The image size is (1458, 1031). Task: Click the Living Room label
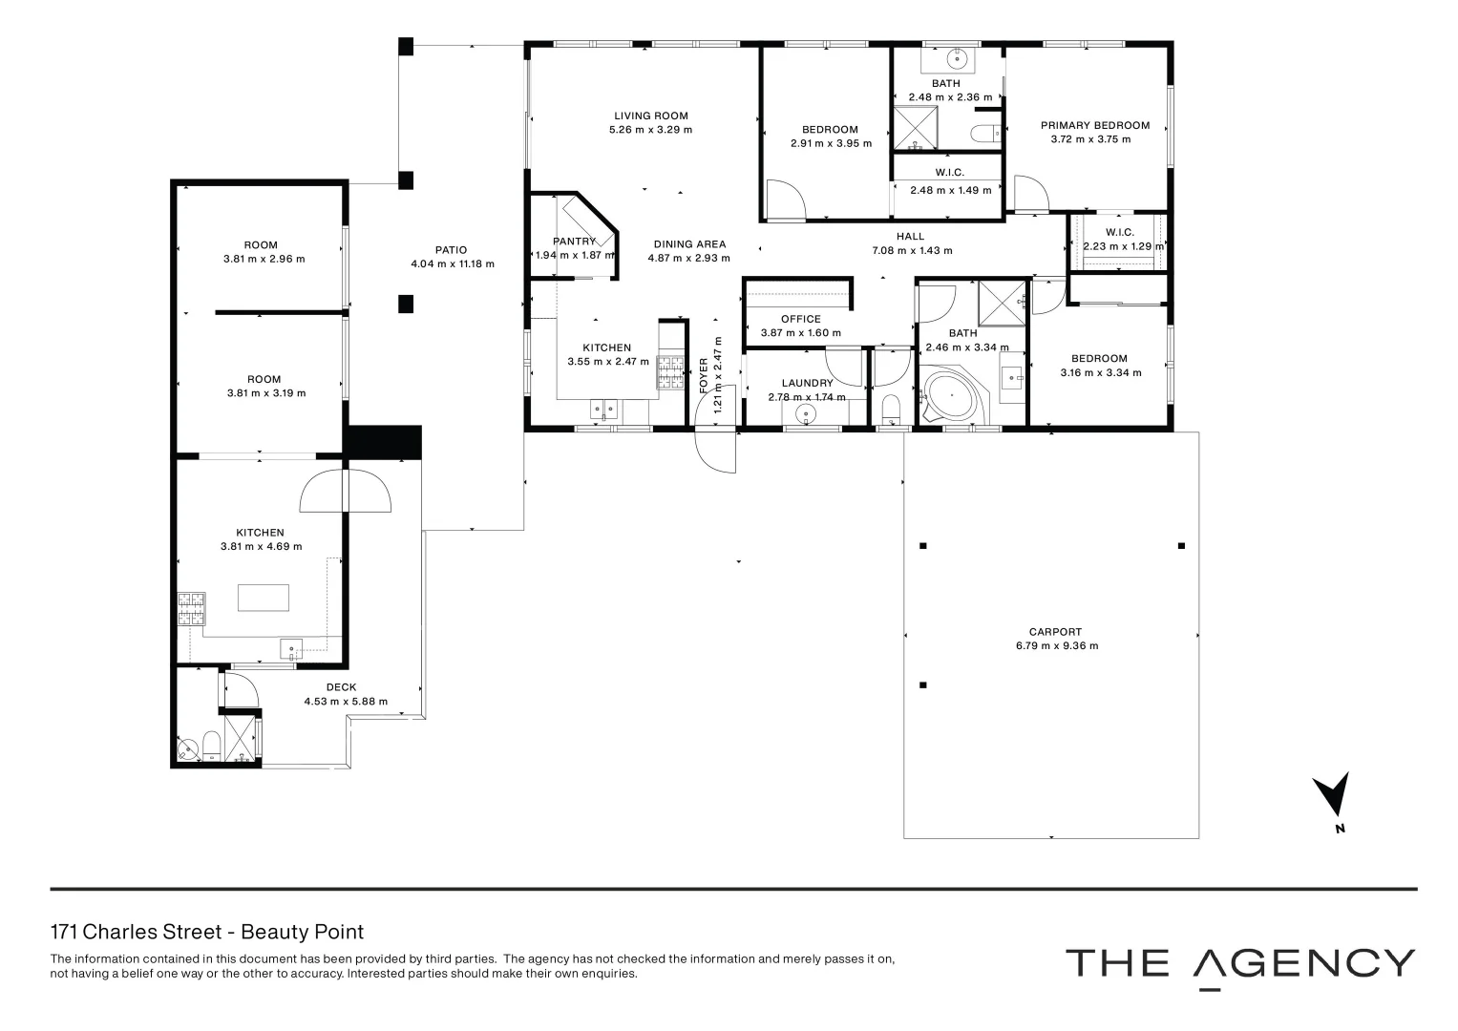(650, 116)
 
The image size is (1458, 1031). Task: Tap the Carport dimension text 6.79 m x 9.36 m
(1056, 646)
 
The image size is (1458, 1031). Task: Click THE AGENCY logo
(1239, 963)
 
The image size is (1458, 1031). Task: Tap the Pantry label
(574, 242)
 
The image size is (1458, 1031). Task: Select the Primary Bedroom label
(1094, 125)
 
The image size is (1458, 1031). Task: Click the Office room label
(800, 319)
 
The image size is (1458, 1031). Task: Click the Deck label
(341, 687)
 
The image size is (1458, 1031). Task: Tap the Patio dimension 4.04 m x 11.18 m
(452, 264)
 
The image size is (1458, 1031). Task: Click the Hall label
(910, 237)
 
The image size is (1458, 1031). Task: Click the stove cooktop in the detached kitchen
(191, 609)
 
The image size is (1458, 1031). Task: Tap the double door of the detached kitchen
(345, 492)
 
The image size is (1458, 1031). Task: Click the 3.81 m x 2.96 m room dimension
(264, 259)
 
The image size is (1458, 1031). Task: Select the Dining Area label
(688, 244)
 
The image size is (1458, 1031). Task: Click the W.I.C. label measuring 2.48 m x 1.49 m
(949, 173)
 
